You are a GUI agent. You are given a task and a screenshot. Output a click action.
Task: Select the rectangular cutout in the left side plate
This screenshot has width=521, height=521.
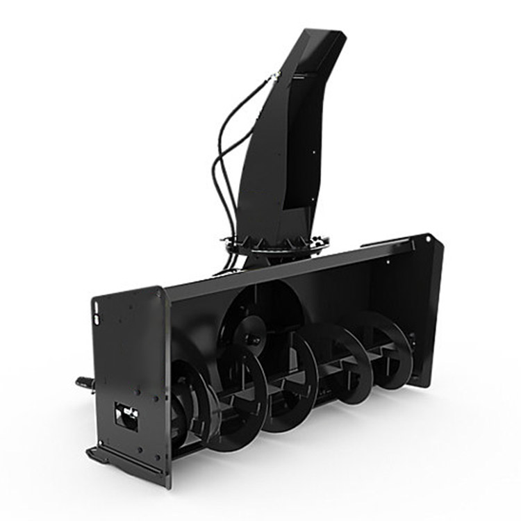[x=126, y=415]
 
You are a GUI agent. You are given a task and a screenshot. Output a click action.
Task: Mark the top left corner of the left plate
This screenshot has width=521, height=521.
[x=94, y=299]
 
